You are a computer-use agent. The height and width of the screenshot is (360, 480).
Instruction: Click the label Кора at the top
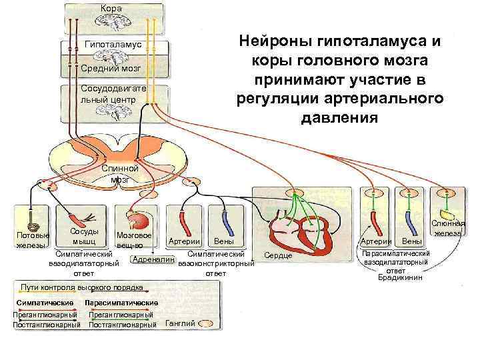click(x=111, y=8)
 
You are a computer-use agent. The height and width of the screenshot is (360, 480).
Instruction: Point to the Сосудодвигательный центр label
click(x=108, y=94)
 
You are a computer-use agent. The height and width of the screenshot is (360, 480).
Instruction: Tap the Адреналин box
click(x=154, y=259)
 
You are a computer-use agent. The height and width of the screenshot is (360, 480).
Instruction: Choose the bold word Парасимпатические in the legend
click(x=126, y=303)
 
